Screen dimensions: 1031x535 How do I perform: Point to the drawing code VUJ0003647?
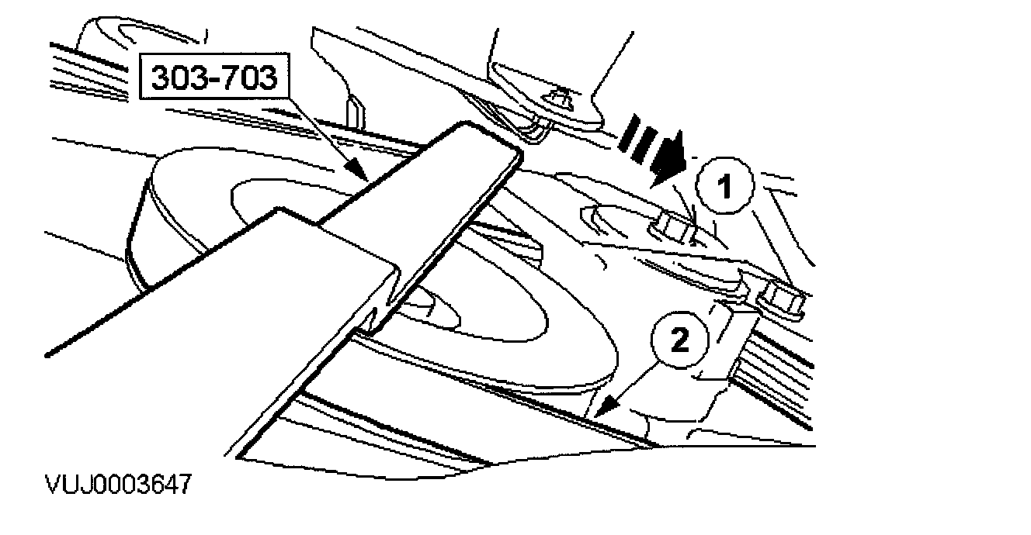(x=116, y=486)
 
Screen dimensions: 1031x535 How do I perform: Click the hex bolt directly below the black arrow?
(x=671, y=226)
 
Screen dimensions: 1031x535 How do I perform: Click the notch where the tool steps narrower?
(x=380, y=310)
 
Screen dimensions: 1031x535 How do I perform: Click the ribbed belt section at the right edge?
(x=784, y=372)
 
